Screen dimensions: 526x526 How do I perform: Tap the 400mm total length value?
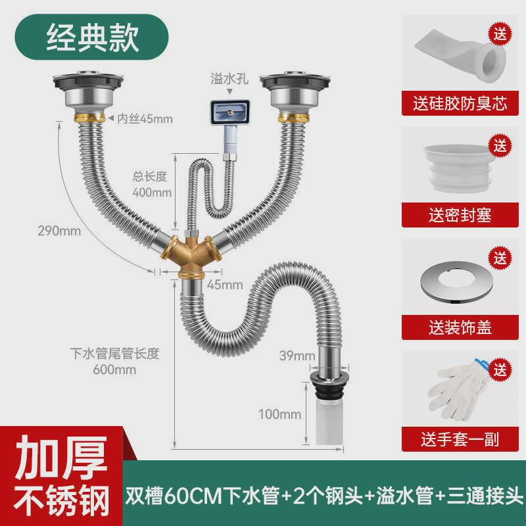coord(152,193)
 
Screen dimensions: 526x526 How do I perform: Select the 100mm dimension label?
coord(280,414)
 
